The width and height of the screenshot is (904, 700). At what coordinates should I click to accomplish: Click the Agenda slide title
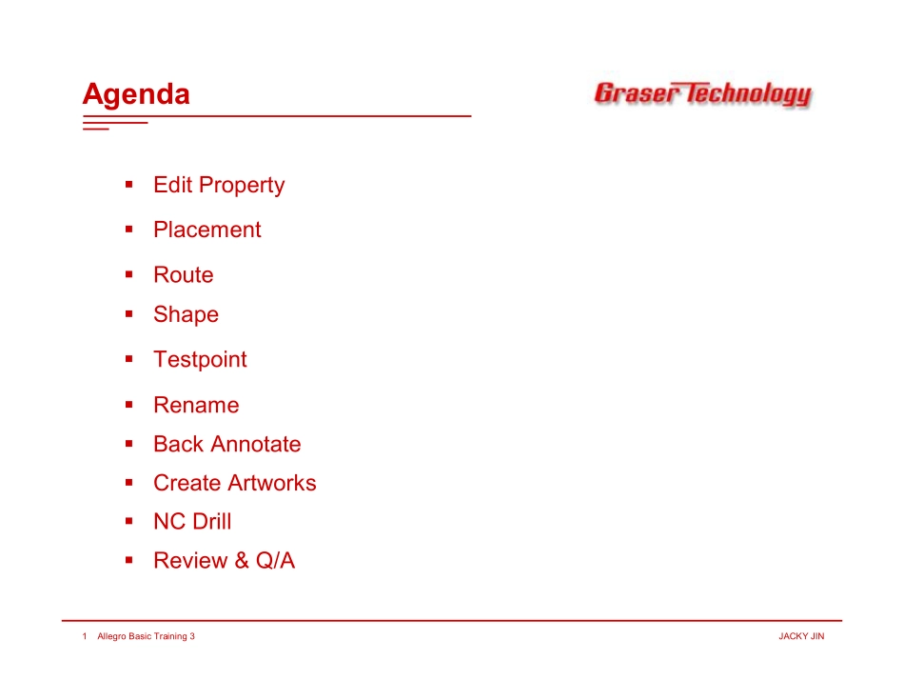[x=136, y=94]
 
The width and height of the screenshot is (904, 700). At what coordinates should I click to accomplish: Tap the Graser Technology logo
[x=703, y=93]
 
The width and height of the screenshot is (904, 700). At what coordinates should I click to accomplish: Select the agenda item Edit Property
[x=219, y=186]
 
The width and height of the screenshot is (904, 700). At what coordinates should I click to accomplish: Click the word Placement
[x=207, y=230]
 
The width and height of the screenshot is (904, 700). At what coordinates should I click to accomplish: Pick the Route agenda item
[x=184, y=274]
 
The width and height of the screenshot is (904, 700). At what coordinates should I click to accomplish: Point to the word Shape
[x=187, y=315]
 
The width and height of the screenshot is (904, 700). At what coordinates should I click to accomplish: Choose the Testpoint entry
[x=200, y=359]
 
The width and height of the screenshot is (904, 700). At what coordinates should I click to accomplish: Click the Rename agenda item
[x=196, y=405]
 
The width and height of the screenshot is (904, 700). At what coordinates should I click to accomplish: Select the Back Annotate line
[x=227, y=445]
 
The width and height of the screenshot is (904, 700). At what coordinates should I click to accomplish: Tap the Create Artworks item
[x=235, y=483]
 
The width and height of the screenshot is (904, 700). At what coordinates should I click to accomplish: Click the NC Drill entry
[x=192, y=522]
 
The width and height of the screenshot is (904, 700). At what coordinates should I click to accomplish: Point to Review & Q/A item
[x=225, y=560]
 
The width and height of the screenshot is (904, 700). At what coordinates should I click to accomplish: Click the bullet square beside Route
[x=129, y=274]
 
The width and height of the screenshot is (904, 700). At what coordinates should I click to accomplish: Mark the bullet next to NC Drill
[x=129, y=521]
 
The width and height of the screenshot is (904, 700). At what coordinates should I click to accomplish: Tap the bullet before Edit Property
[x=129, y=185]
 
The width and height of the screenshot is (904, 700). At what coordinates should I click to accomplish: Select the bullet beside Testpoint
[x=129, y=359]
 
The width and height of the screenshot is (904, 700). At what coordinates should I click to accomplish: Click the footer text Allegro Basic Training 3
[x=146, y=636]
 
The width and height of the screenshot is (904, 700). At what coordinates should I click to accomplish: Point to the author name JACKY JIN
[x=801, y=636]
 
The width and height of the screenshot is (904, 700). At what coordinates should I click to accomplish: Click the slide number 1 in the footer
[x=85, y=636]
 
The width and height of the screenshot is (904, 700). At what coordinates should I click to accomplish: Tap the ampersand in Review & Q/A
[x=242, y=560]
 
